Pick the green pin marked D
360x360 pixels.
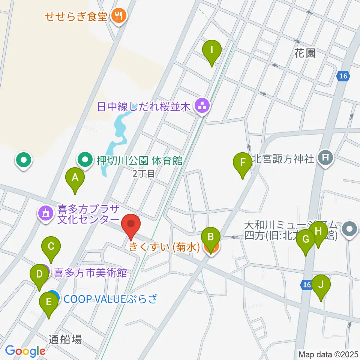click(x=39, y=274)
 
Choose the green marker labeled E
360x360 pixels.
click(x=48, y=302)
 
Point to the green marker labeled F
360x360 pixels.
click(x=243, y=163)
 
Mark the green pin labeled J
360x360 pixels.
click(x=321, y=285)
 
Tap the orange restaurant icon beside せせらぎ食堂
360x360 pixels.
click(x=119, y=16)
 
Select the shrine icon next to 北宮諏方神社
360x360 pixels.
click(x=325, y=159)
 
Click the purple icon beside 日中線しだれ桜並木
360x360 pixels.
click(x=202, y=106)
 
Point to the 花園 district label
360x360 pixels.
click(x=304, y=53)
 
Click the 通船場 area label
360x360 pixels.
click(x=65, y=339)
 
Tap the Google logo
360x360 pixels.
click(x=25, y=351)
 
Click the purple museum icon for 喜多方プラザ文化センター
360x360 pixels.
click(x=46, y=214)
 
